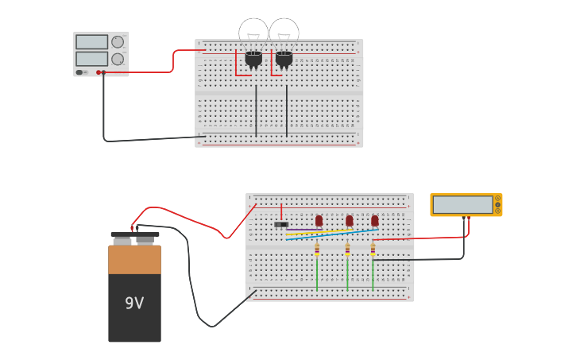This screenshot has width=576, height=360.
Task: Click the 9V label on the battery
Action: [x=134, y=303]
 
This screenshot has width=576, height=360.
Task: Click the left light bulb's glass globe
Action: [x=253, y=33]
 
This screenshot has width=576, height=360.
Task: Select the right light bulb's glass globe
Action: [x=284, y=33]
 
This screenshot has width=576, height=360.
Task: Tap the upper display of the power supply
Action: [x=91, y=42]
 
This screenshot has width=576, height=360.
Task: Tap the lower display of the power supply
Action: [x=91, y=59]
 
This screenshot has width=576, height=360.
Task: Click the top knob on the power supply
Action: [x=118, y=42]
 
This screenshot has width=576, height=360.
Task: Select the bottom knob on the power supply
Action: [x=118, y=59]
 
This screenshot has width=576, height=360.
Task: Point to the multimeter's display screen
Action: [x=462, y=204]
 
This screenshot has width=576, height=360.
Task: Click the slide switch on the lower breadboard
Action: [x=281, y=224]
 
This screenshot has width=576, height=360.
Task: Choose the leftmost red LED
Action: [x=319, y=220]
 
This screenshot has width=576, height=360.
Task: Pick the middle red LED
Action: [x=349, y=220]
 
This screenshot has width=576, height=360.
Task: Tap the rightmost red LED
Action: [x=374, y=220]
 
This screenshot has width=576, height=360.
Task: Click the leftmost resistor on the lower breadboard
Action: [x=317, y=250]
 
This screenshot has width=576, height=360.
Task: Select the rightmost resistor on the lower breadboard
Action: [x=373, y=250]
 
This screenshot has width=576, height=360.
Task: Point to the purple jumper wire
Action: [x=302, y=230]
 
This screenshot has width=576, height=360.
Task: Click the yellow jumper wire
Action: [x=326, y=233]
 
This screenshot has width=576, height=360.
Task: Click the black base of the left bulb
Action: [x=253, y=59]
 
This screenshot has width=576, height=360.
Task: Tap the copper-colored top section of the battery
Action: [x=134, y=260]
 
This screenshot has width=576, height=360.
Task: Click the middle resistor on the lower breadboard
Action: [x=347, y=250]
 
